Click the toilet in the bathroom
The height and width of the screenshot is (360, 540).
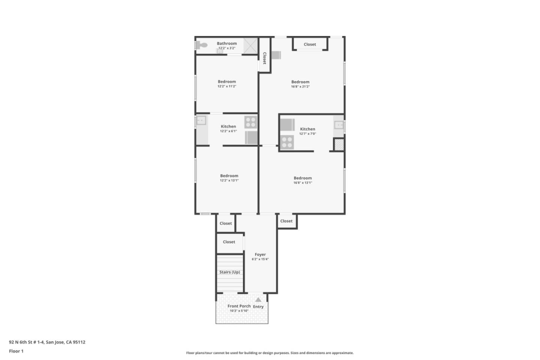tap(202, 45)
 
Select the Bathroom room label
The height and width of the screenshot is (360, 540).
tap(226, 43)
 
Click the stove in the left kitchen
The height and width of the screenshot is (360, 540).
tap(250, 122)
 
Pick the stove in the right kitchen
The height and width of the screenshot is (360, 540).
tap(287, 142)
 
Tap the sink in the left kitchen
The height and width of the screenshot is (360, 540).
tap(201, 121)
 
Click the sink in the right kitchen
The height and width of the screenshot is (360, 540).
tap(339, 125)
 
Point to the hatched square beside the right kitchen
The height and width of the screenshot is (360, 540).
tap(339, 144)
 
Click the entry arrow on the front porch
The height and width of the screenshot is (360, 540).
tap(258, 300)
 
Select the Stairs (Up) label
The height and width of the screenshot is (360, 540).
tap(229, 272)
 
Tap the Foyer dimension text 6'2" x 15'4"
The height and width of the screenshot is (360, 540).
tap(260, 259)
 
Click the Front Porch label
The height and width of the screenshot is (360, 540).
tap(239, 306)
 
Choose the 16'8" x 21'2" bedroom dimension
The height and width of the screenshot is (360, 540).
tap(300, 87)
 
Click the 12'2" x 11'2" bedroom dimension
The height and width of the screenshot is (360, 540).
tap(226, 86)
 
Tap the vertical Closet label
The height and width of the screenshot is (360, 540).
tap(264, 58)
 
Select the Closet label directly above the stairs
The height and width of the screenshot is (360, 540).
tap(229, 242)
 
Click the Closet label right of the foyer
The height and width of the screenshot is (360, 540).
tap(286, 221)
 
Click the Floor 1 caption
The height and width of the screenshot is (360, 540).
tap(16, 351)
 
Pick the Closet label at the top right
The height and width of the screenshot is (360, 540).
tap(310, 44)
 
